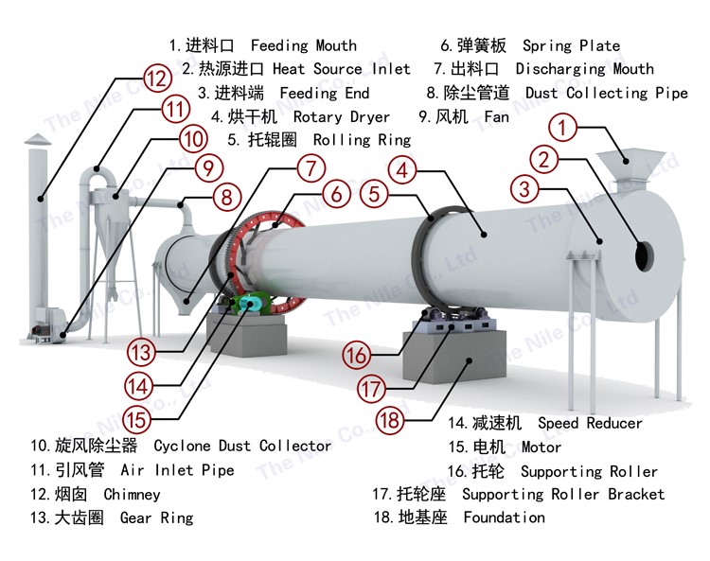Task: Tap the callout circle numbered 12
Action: tap(158, 77)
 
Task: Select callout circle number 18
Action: tap(389, 419)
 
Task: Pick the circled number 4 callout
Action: tap(403, 170)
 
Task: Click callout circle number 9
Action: tap(208, 169)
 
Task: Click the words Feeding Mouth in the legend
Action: tap(304, 45)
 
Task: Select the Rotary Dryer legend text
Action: tap(341, 117)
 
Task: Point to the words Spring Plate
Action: tap(571, 45)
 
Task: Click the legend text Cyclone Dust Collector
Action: tap(242, 446)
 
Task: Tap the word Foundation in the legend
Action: tap(504, 517)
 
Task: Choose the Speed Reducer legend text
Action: tap(590, 423)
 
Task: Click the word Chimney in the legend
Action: tap(132, 494)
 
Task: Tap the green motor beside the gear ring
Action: tap(249, 304)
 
